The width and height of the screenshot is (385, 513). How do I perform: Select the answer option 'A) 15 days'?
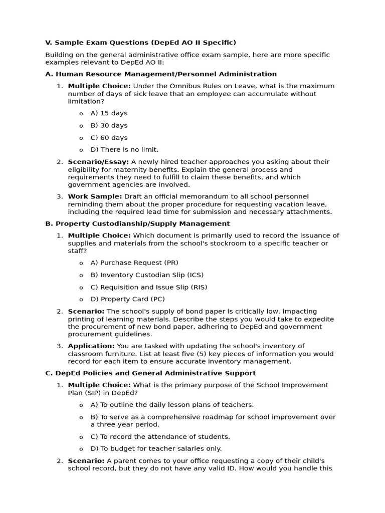point(109,113)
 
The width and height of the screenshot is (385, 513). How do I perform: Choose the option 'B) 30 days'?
point(109,125)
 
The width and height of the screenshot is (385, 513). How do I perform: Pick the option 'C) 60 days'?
point(109,138)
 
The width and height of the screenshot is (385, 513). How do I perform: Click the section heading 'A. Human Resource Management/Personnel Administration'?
point(161,74)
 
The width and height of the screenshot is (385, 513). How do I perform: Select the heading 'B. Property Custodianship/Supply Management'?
point(137,224)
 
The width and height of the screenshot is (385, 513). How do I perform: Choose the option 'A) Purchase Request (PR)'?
point(134,263)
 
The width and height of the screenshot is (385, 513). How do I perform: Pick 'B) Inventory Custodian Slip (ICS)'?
point(147,275)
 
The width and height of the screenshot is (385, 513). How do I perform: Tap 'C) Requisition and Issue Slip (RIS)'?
point(148,287)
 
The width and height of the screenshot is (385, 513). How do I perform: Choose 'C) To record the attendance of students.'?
point(160,437)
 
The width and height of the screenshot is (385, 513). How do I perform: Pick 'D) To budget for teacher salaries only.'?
point(156,449)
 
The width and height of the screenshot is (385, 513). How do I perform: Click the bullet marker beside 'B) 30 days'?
point(81,126)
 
